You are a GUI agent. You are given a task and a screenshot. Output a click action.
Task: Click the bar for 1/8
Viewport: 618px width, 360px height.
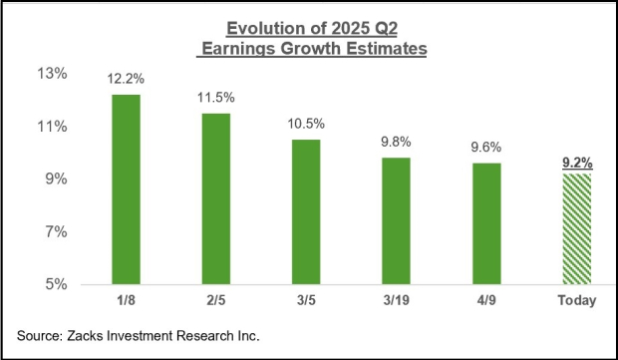[127, 189]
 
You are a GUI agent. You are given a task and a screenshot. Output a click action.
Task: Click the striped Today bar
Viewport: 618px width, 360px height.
[576, 228]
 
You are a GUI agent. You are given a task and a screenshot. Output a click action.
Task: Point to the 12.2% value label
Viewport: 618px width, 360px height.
[127, 79]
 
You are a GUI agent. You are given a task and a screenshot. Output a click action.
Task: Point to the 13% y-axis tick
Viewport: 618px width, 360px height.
[51, 74]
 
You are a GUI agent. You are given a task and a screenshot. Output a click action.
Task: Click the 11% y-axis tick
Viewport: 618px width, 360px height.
[51, 127]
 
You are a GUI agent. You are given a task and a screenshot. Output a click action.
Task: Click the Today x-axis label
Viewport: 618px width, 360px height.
[576, 301]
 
